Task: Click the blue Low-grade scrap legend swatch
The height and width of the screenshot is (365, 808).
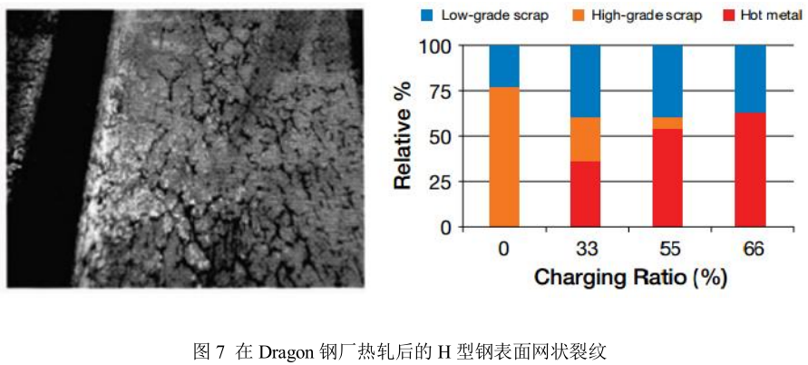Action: point(426,15)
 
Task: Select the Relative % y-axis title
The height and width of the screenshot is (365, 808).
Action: point(403,135)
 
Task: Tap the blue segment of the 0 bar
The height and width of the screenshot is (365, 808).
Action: point(503,66)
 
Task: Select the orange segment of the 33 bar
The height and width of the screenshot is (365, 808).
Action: point(585,140)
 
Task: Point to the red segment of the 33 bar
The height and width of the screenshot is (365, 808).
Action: point(585,194)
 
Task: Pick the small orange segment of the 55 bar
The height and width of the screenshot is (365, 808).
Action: point(667,123)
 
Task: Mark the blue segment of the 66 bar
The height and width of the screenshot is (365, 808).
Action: point(750,79)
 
